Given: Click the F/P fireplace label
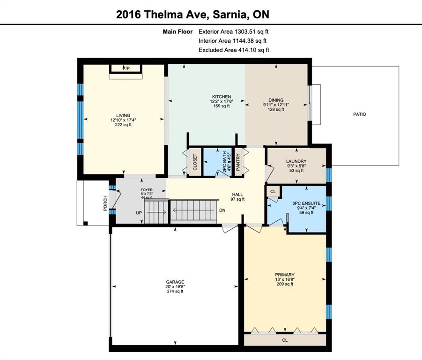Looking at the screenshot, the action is [x=126, y=68].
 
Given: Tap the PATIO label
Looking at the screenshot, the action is [x=360, y=114].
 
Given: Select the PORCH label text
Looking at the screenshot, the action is [x=105, y=203].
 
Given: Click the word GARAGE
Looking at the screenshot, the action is [x=175, y=282].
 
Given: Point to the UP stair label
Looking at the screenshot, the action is [x=139, y=213].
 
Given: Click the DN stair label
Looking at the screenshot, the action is [x=222, y=210].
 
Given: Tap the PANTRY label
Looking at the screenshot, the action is [x=238, y=162].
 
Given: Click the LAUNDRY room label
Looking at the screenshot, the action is [x=296, y=161].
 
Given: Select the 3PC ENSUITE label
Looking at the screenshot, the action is [x=306, y=203].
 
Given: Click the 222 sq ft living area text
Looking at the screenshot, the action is [x=123, y=125].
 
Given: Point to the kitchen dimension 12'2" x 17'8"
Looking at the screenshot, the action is [x=222, y=102].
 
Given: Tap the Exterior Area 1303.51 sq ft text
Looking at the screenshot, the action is [x=234, y=31].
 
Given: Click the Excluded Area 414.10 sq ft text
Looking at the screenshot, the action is [x=234, y=50].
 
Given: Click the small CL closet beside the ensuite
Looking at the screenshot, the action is [x=273, y=192].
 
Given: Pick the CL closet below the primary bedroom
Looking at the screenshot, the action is [x=285, y=340].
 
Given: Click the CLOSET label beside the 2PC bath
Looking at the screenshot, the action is [x=195, y=162].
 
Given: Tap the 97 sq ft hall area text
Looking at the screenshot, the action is [x=237, y=199].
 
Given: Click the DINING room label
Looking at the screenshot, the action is [x=276, y=100].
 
